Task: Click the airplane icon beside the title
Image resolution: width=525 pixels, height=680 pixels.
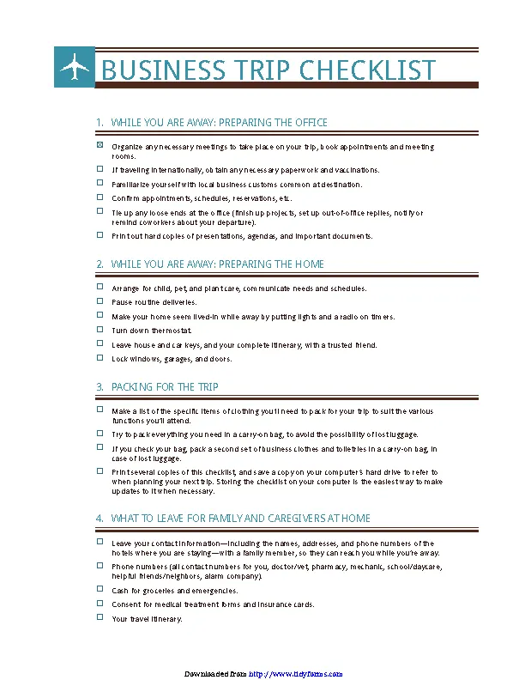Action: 75,67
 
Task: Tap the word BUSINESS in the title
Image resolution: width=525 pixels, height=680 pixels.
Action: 152,70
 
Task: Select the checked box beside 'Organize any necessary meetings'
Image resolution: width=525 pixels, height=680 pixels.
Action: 100,146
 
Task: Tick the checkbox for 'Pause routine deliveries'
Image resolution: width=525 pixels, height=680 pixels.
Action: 100,301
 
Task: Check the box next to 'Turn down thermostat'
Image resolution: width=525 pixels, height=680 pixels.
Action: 100,330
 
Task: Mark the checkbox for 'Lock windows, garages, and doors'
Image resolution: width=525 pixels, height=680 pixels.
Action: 100,358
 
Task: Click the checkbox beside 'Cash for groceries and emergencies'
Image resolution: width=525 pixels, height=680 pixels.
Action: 100,590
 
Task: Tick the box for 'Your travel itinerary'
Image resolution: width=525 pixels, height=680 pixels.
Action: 100,617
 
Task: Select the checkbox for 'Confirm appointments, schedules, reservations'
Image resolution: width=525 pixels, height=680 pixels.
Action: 100,197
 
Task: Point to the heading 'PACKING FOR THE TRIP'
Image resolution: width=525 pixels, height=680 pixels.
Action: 165,387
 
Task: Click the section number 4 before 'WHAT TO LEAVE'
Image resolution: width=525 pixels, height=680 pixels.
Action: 100,519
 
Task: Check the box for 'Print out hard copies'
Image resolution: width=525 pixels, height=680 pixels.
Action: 100,234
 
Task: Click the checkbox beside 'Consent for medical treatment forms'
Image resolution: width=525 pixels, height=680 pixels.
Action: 100,604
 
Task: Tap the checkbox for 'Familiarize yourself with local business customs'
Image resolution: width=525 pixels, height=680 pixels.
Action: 100,183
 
